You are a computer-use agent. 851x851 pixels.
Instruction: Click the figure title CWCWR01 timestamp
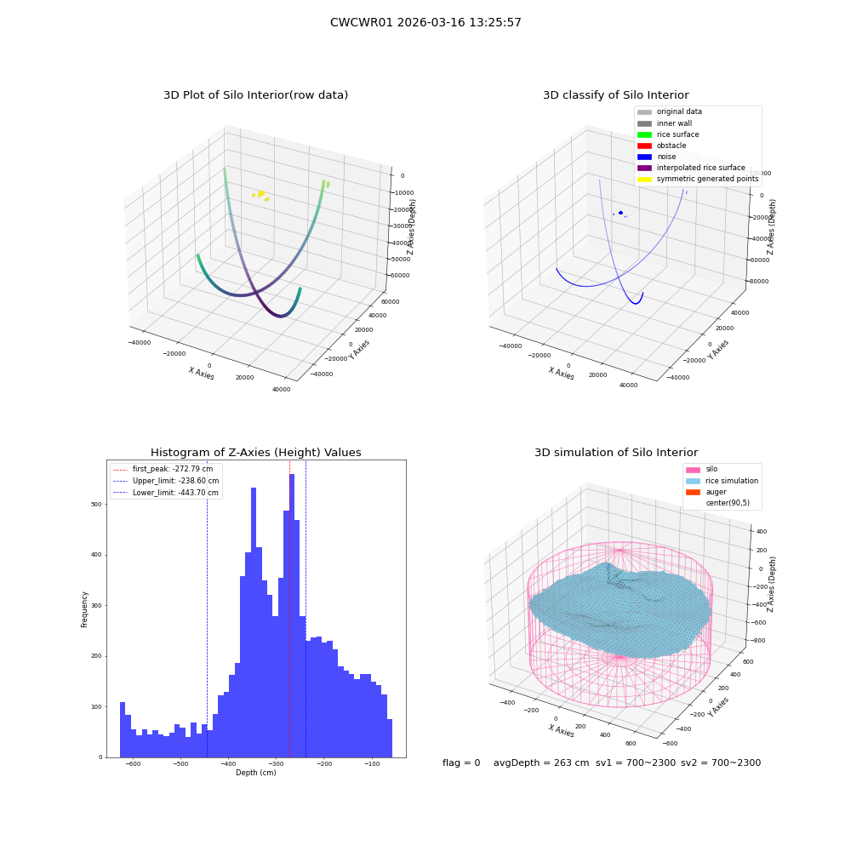point(425,22)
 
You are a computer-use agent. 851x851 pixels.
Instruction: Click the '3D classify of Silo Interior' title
point(616,95)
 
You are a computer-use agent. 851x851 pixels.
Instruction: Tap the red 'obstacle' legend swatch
point(644,146)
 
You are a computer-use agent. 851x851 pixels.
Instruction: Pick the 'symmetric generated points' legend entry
point(698,179)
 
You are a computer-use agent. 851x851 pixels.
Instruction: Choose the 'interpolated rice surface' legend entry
point(691,168)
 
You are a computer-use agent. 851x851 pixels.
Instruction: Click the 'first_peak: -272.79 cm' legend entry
point(163,469)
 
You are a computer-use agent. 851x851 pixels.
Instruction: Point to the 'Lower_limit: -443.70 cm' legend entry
point(166,493)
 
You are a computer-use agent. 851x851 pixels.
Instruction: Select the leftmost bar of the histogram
point(123,729)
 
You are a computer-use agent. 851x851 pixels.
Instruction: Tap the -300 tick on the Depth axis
point(276,764)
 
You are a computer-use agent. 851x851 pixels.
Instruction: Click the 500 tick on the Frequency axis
point(97,504)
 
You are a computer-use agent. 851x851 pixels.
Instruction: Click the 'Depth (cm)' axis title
point(255,773)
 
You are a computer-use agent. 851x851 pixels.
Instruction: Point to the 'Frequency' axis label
point(84,609)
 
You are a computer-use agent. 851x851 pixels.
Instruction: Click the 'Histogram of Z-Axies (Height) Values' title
point(255,452)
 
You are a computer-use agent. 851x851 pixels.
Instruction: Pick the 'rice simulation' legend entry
point(722,481)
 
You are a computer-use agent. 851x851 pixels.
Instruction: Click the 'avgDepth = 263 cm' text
point(541,762)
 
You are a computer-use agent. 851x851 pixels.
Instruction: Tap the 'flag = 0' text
point(461,762)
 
